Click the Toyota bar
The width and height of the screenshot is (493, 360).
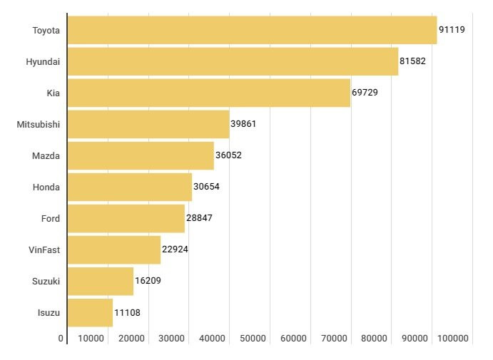pyautogui.click(x=252, y=30)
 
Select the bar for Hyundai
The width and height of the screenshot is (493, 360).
pyautogui.click(x=233, y=61)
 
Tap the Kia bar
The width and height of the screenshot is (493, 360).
pyautogui.click(x=208, y=93)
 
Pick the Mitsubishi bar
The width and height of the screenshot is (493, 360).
pyautogui.click(x=148, y=124)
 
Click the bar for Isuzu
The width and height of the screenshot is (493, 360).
pyautogui.click(x=90, y=312)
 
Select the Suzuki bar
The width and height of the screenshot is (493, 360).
pyautogui.click(x=101, y=281)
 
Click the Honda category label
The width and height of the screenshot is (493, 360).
pyautogui.click(x=46, y=187)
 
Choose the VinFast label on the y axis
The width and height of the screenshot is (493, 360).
pyautogui.click(x=44, y=250)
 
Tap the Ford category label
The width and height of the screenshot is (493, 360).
pyautogui.click(x=51, y=218)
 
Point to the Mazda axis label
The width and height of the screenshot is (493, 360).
pyautogui.click(x=46, y=155)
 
